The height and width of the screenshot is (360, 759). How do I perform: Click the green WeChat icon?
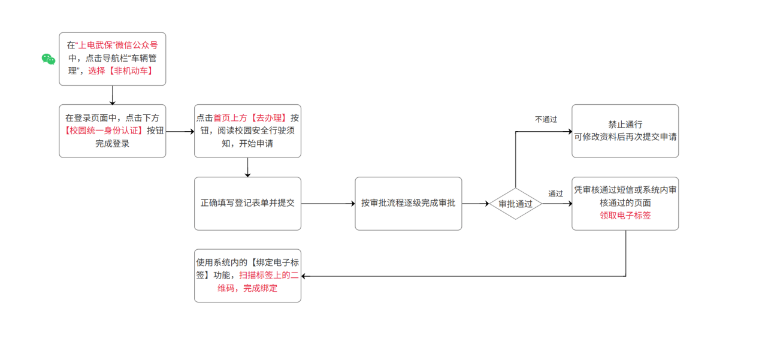click(x=49, y=59)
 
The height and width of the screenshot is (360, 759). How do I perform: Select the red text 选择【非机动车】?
click(x=120, y=71)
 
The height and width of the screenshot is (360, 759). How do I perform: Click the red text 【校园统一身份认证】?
click(x=104, y=131)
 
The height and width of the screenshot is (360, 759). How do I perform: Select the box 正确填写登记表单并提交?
click(x=247, y=204)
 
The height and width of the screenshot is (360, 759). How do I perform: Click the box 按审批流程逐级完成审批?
click(x=408, y=204)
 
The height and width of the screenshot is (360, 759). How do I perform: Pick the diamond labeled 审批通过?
click(x=515, y=204)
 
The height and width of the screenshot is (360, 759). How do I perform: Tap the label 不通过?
click(x=546, y=120)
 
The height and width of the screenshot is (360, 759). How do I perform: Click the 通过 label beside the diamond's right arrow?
click(x=555, y=193)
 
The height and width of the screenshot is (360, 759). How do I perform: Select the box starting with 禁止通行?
click(x=625, y=131)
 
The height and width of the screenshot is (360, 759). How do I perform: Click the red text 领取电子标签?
click(x=625, y=216)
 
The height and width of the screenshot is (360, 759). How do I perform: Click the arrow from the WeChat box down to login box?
click(x=113, y=95)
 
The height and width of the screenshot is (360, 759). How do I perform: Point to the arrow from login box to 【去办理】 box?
click(x=180, y=131)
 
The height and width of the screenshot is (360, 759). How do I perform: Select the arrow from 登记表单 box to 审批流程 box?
click(x=328, y=204)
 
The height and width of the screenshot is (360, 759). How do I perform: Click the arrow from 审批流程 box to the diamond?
click(x=476, y=204)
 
